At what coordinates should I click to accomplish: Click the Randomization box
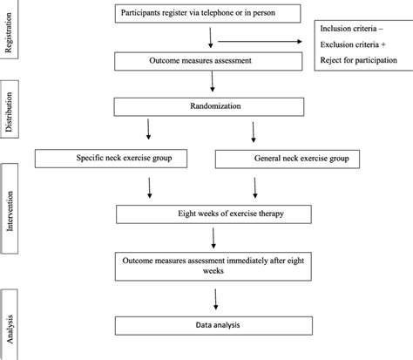[x=209, y=107]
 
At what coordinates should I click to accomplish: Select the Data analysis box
[x=213, y=326]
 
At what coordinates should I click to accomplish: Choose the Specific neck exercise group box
[x=111, y=159]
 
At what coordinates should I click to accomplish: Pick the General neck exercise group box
[x=288, y=159]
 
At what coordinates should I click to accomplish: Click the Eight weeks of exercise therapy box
[x=213, y=214]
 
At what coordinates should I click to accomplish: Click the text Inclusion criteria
[x=349, y=29]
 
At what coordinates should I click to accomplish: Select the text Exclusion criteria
[x=349, y=44]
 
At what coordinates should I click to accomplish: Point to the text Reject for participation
[x=359, y=60]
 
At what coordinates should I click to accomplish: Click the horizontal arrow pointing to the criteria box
[x=260, y=42]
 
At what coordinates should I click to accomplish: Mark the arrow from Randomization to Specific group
[x=148, y=129]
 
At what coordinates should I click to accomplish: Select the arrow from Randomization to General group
[x=254, y=132]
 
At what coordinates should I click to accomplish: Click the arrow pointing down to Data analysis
[x=215, y=299]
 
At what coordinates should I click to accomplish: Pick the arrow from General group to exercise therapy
[x=255, y=188]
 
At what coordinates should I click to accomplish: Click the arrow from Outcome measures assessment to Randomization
[x=213, y=82]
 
